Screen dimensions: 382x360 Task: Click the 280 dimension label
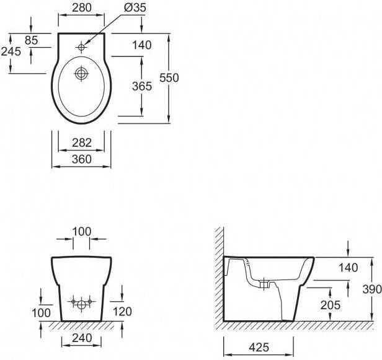(x=82, y=7)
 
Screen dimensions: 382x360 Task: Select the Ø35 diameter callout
(x=135, y=7)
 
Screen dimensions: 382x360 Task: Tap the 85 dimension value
(x=32, y=40)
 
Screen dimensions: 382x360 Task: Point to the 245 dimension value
(x=11, y=51)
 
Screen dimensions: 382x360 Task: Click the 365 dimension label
(x=142, y=86)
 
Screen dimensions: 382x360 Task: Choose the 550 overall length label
(x=169, y=77)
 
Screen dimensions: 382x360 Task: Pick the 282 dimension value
(x=82, y=143)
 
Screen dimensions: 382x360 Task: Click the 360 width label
(x=82, y=159)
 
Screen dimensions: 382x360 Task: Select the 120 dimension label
(x=122, y=312)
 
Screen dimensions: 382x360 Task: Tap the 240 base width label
(x=82, y=338)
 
